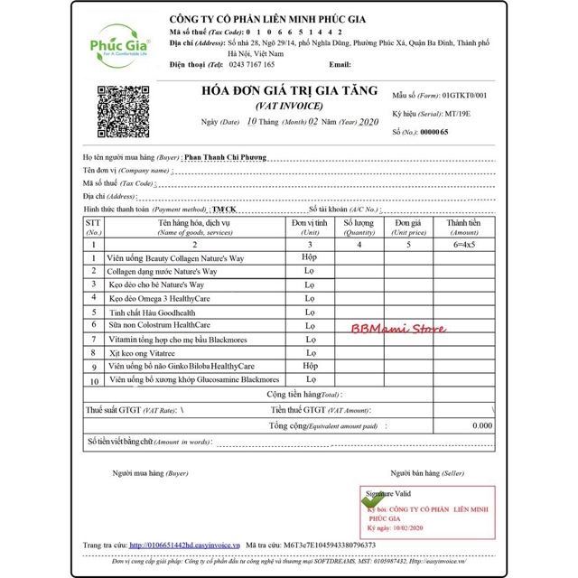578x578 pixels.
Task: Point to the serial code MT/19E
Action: click(457, 114)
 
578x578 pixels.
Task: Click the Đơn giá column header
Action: click(408, 226)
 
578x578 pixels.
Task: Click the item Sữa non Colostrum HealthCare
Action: click(159, 324)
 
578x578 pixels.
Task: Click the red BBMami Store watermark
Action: click(398, 330)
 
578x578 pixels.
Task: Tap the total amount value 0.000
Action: click(480, 425)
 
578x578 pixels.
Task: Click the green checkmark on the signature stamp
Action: click(372, 499)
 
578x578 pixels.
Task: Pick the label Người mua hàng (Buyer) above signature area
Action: click(150, 473)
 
